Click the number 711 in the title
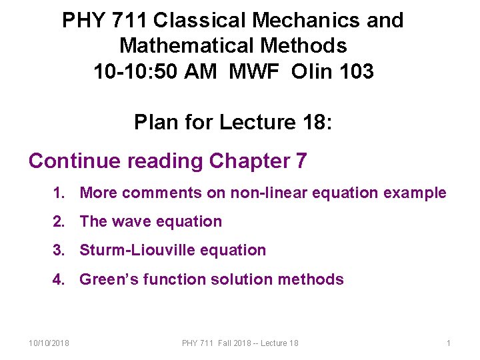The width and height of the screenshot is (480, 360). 128,21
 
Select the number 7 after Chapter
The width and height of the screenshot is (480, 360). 300,161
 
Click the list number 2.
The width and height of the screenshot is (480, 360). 59,222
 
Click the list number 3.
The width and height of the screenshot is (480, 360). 59,251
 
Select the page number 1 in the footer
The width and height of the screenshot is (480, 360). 449,343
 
